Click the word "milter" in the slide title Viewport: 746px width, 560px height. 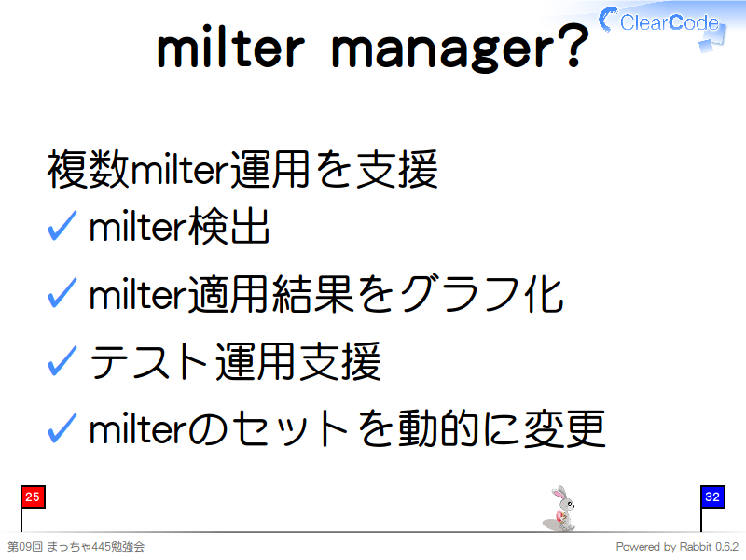(230, 48)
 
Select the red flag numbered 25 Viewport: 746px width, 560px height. (33, 497)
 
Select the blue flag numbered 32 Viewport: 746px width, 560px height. (712, 497)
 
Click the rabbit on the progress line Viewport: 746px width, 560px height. (560, 509)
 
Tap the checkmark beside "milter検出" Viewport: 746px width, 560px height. (62, 226)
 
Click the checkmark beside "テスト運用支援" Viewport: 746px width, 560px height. (62, 361)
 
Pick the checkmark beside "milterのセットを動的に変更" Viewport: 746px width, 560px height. (62, 428)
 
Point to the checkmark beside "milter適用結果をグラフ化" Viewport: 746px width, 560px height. (62, 293)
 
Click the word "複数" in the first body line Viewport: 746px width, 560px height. (88, 169)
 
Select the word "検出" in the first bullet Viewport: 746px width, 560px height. (229, 227)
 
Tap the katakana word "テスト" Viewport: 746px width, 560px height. (148, 362)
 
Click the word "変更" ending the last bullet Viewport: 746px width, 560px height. (564, 429)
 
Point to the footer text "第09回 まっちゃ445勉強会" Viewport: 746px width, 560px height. (76, 547)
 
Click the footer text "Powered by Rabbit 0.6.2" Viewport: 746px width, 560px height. (677, 547)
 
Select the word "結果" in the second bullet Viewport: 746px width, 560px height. (312, 294)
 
